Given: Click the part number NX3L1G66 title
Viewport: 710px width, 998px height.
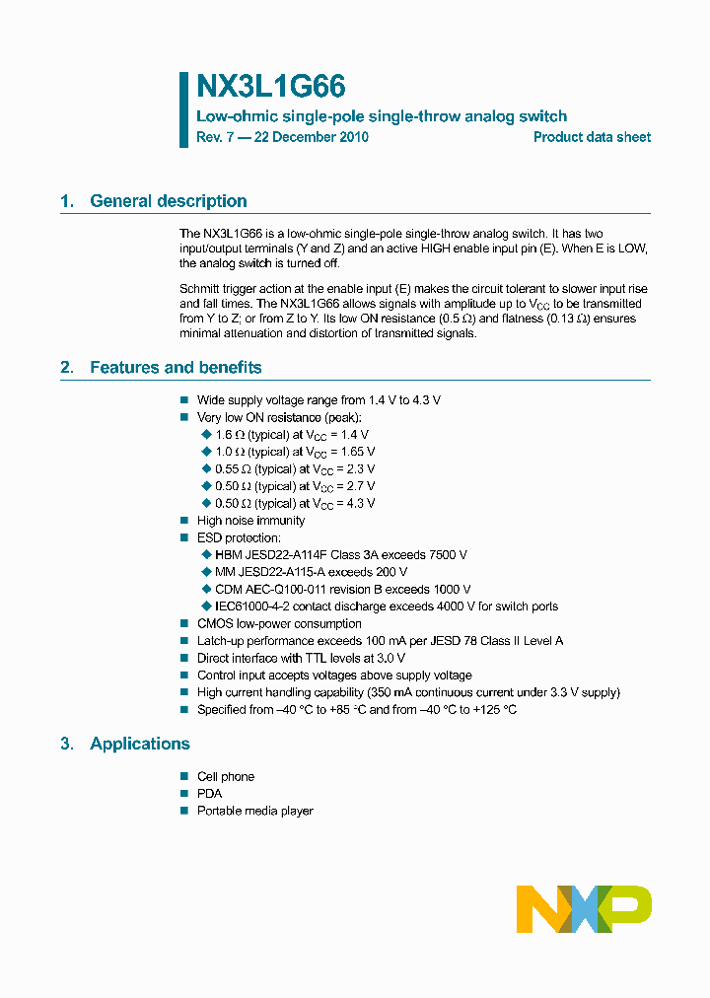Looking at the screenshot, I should click(x=270, y=87).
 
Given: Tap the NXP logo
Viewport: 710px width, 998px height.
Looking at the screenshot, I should click(x=584, y=908).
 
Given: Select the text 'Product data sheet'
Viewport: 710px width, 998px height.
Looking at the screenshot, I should click(x=592, y=137).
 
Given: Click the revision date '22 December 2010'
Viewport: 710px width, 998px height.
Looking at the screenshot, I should click(x=311, y=137).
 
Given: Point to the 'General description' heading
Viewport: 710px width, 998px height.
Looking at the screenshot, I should click(x=168, y=201).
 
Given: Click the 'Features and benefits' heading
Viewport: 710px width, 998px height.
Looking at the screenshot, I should click(x=176, y=368).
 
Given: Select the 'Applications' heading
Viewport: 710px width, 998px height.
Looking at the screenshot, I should click(x=140, y=744).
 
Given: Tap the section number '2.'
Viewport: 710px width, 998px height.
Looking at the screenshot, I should click(x=67, y=368).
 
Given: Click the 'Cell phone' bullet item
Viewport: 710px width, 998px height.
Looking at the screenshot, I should click(x=225, y=777).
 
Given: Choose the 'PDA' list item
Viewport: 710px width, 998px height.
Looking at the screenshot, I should click(x=209, y=794).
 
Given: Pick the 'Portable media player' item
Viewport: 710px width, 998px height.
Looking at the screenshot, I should click(x=254, y=811).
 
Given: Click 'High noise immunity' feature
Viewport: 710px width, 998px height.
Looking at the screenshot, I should click(x=250, y=521).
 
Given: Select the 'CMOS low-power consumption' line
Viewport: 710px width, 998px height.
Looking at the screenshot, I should click(x=279, y=624).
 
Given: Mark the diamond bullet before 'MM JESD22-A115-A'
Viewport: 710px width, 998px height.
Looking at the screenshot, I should click(x=206, y=572).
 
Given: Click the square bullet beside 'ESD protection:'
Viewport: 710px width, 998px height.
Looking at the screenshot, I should click(x=184, y=538).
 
